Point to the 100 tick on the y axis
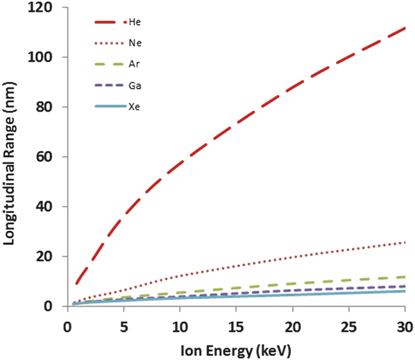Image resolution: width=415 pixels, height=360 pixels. point(47,57)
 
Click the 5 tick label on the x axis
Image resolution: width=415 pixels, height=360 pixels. point(124,326)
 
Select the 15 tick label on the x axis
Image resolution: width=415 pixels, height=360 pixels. point(237,326)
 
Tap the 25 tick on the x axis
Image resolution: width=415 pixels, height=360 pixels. point(349,326)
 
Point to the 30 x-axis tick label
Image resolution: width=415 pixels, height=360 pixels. point(405,326)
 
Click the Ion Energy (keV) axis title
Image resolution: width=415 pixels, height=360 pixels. point(236,350)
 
